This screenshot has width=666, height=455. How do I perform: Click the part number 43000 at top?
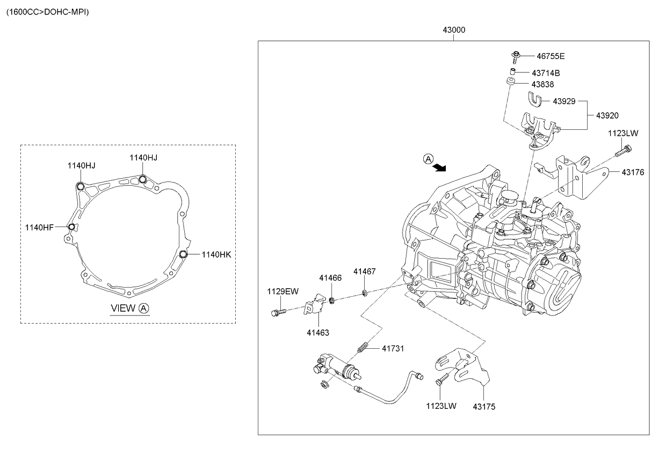click(454, 30)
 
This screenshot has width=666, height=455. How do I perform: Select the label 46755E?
click(551, 56)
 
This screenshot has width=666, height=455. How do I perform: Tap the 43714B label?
click(546, 72)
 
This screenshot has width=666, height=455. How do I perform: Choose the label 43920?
click(607, 115)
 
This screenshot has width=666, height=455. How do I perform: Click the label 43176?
click(633, 172)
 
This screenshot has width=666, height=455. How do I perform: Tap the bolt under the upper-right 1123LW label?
click(625, 151)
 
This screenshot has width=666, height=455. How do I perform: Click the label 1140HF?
click(39, 227)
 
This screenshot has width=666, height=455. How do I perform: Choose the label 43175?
click(484, 407)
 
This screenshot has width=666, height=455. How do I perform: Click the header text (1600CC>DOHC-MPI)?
click(47, 11)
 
